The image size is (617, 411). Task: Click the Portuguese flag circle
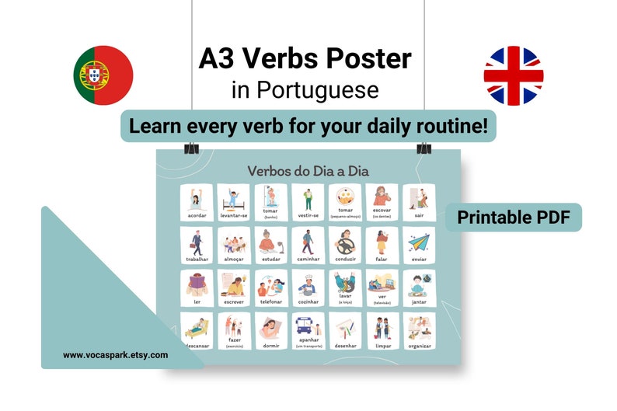103,75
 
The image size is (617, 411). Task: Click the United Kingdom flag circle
513,75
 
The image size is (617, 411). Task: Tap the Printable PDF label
514,218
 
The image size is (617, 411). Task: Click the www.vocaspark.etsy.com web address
115,355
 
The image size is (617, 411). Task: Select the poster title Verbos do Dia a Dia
309,170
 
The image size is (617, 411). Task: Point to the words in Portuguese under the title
305,91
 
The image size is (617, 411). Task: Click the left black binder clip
191,147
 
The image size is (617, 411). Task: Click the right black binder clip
424,147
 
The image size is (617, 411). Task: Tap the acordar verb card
197,202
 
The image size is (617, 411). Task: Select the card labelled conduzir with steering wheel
346,245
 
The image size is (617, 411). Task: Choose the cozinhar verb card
308,287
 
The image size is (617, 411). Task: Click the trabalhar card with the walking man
197,245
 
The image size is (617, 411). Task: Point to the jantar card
420,287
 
